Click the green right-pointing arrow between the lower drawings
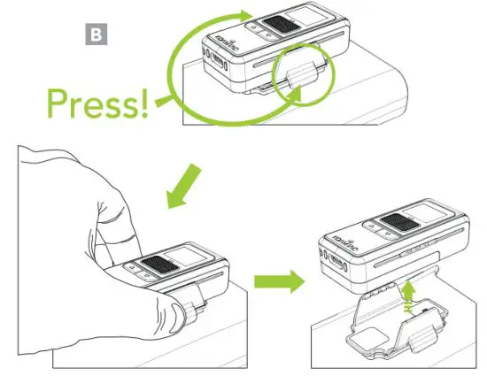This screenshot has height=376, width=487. coord(277,282)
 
